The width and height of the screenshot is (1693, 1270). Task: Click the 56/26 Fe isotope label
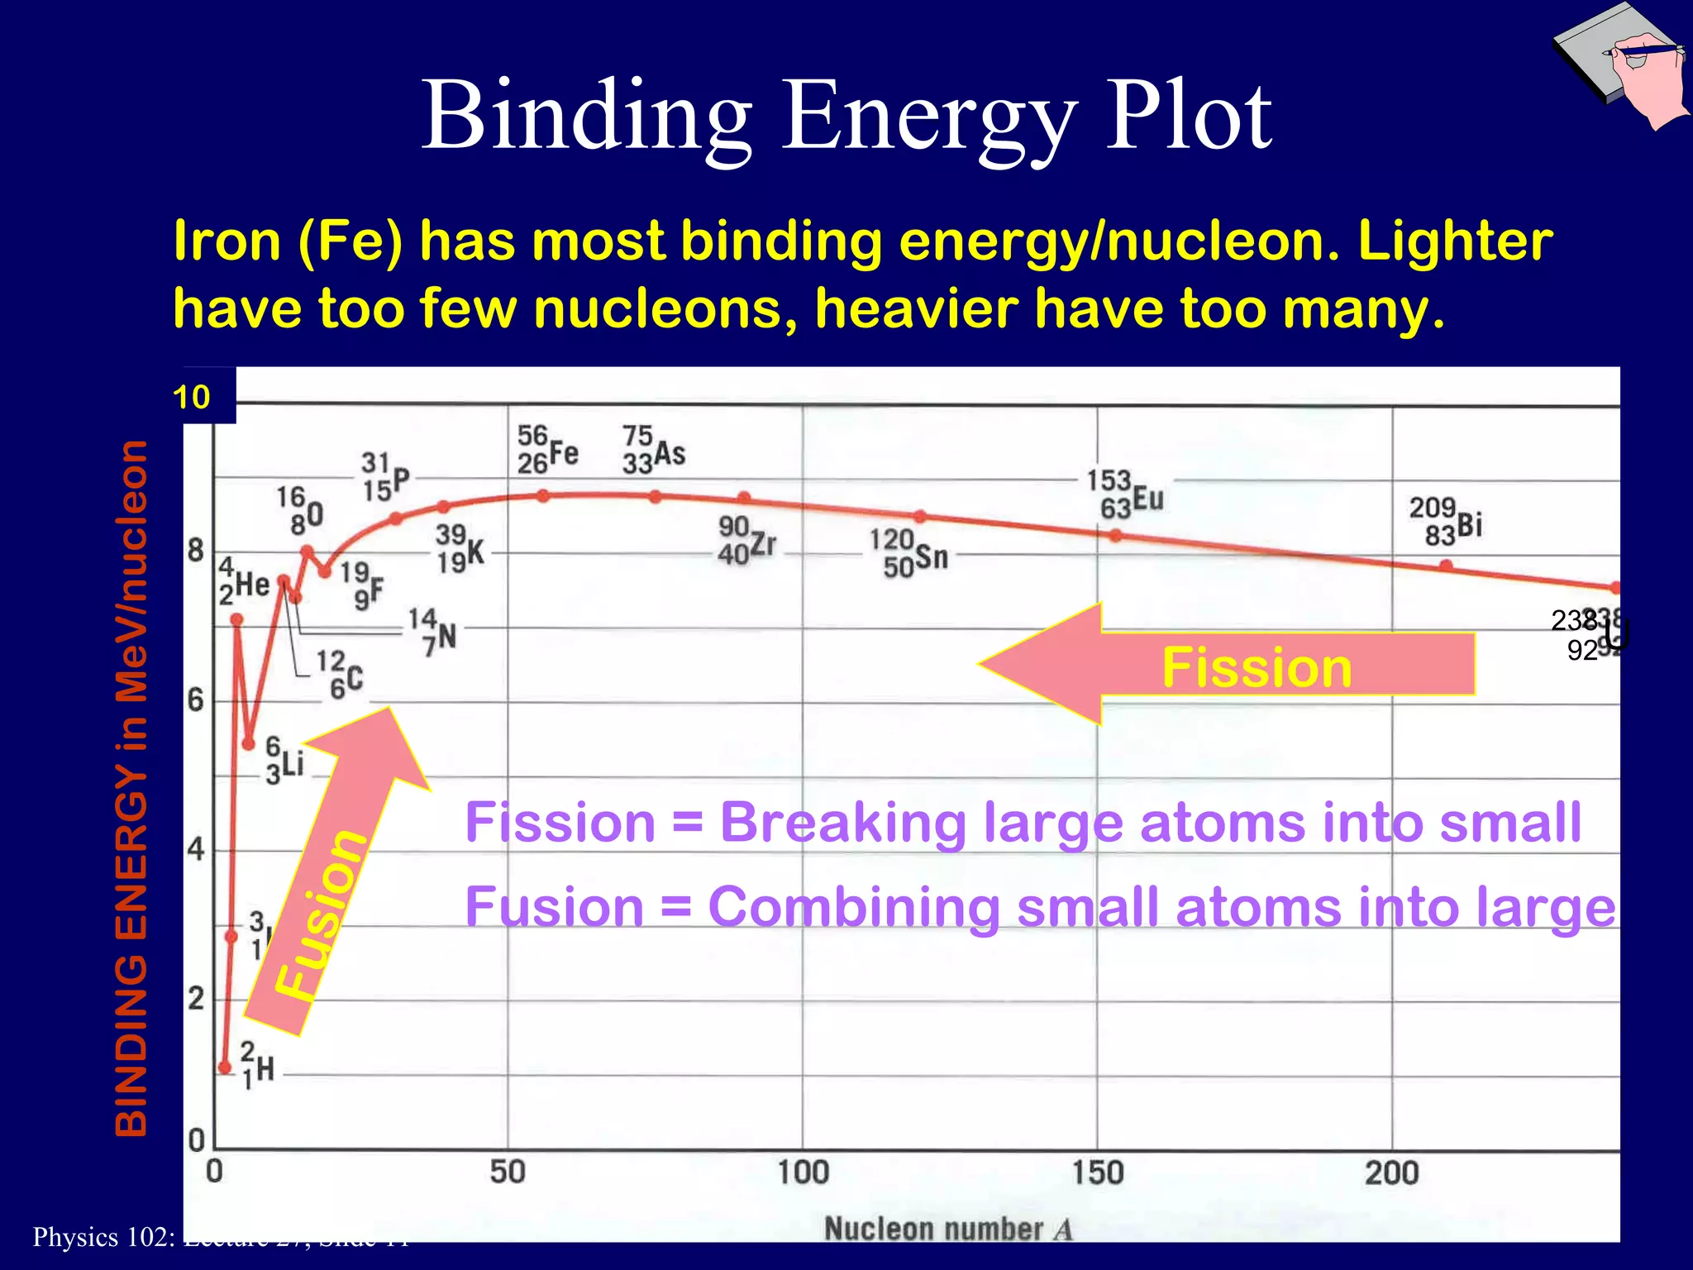547,449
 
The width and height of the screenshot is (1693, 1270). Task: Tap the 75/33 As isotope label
653,450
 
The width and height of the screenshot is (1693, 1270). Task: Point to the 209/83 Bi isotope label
1445,521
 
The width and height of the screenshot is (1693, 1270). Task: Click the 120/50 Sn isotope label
908,553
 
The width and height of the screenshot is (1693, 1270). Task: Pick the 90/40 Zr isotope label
746,540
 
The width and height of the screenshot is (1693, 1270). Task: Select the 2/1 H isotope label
257,1066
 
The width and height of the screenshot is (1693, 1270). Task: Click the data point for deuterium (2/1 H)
225,1067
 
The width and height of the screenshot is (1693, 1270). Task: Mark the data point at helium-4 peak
236,619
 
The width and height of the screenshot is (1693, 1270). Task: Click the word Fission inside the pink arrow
1257,667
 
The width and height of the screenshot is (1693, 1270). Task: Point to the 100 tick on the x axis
803,1172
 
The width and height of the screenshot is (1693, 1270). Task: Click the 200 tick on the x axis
1392,1172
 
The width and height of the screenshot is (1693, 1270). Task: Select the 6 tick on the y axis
195,701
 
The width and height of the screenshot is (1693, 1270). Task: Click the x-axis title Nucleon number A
948,1229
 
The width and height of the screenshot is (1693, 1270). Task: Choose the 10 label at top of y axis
192,398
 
